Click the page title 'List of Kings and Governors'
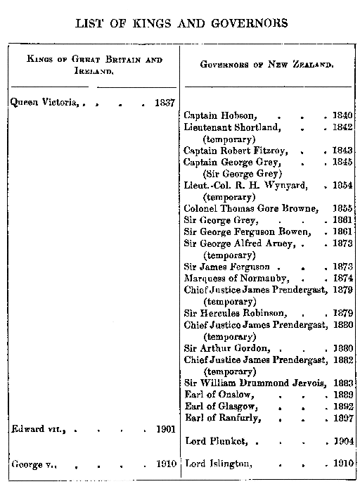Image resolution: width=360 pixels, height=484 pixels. [180, 23]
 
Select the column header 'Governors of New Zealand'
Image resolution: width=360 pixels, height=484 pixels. [266, 64]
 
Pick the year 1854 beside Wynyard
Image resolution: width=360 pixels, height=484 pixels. [342, 185]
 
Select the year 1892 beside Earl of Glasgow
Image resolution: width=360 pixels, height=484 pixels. [342, 406]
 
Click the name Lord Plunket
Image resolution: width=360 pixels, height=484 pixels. [217, 441]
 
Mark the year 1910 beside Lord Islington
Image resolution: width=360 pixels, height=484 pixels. [342, 464]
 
